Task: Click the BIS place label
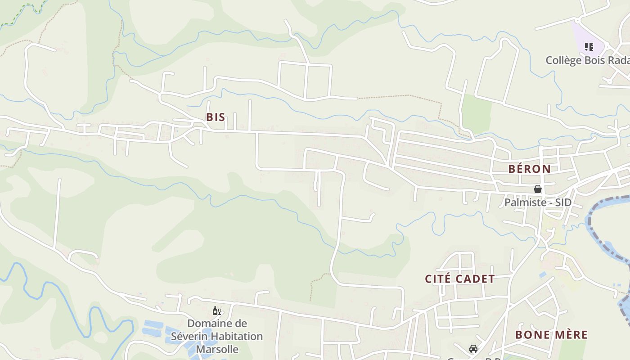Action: coord(216,117)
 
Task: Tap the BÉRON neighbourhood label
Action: coord(529,169)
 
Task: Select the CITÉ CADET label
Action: coord(460,279)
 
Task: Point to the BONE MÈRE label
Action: coord(551,335)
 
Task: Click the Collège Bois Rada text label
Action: coord(587,60)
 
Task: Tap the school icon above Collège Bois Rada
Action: coord(589,46)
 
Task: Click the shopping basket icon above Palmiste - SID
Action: coord(537,189)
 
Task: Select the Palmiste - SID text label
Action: coord(538,202)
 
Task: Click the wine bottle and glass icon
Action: coord(216,311)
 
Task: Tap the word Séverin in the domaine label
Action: coord(189,336)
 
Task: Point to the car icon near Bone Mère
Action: coord(473,349)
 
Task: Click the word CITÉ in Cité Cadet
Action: coord(438,279)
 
